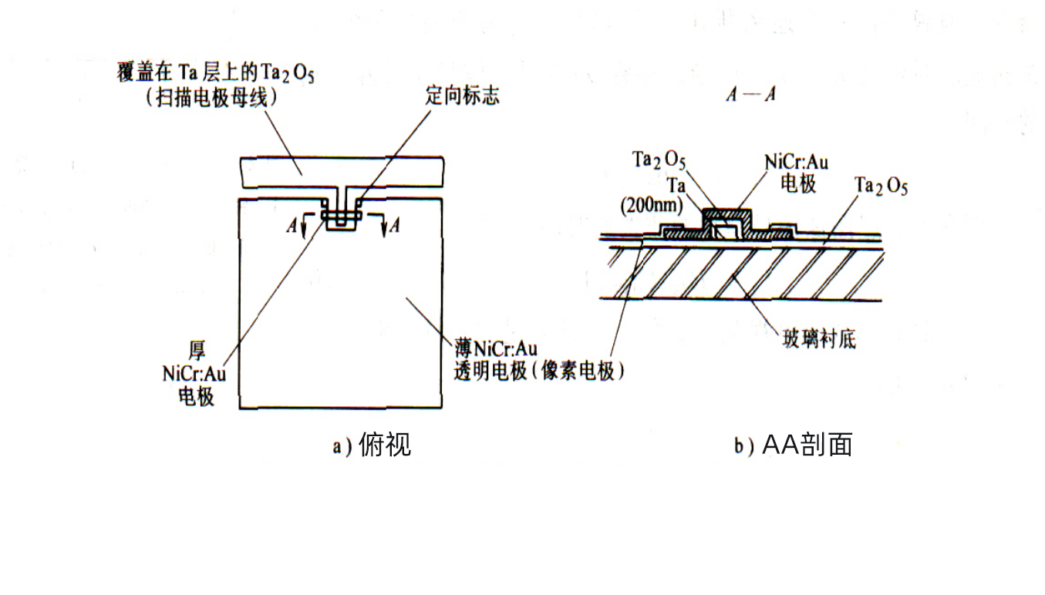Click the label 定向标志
coord(462,96)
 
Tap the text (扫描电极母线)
coord(211,99)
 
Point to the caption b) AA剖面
coord(794,445)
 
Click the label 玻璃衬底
coord(819,339)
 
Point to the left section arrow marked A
coord(297,225)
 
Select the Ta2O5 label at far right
coord(881,187)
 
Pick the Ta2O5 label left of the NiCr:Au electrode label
coord(659,160)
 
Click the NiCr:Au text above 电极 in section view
coord(797,163)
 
